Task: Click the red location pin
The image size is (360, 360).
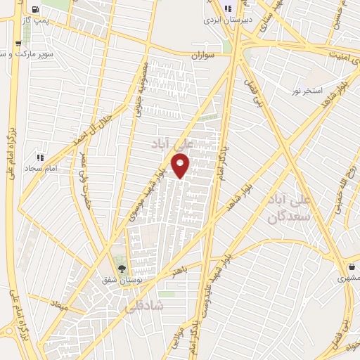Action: point(181,167)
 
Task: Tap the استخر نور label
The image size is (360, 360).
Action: point(307,91)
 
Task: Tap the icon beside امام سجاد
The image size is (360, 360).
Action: point(40,157)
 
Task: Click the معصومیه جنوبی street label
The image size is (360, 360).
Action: point(141,98)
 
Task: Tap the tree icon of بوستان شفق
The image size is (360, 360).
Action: point(122,268)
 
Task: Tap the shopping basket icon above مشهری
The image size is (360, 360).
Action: point(352,268)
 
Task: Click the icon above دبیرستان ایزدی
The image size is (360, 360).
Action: point(227,8)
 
